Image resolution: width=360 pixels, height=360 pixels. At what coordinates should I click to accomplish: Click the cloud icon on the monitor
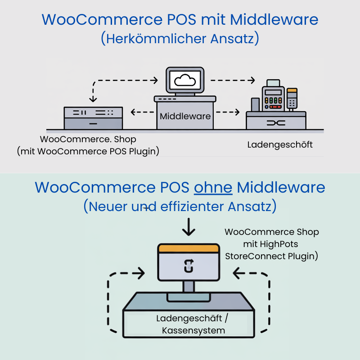coord(184,81)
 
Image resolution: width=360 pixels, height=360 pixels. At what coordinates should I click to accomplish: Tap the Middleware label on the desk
coord(185,116)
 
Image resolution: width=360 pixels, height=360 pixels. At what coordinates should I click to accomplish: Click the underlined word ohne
coord(213,187)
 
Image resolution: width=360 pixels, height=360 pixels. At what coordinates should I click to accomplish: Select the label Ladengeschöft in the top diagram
coord(280,145)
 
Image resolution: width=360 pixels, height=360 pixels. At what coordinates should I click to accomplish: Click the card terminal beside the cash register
coord(292,98)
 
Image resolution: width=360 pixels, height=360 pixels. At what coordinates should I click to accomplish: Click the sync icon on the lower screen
coord(188,266)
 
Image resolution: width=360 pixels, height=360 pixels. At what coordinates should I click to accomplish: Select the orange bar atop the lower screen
coord(188,248)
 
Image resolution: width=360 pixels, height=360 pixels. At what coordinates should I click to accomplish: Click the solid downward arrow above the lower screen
coord(188,228)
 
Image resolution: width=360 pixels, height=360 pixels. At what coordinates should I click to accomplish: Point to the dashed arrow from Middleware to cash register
coord(227,112)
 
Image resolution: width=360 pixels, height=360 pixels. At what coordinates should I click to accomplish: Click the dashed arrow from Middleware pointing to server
coord(141,112)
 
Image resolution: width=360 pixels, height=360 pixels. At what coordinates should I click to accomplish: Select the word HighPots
coord(279,244)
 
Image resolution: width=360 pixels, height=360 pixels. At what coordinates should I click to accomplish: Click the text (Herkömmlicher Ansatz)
coord(180,39)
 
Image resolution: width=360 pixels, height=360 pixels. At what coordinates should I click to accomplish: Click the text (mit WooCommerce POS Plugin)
coord(89,151)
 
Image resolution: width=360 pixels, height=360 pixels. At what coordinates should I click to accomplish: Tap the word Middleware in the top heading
coord(274,19)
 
